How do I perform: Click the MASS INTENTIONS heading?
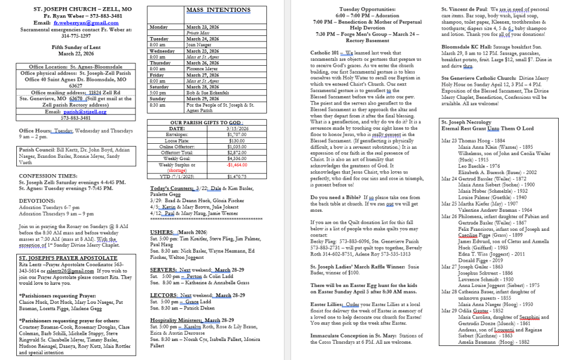(x=219, y=10)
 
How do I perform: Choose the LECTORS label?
(x=164, y=295)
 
